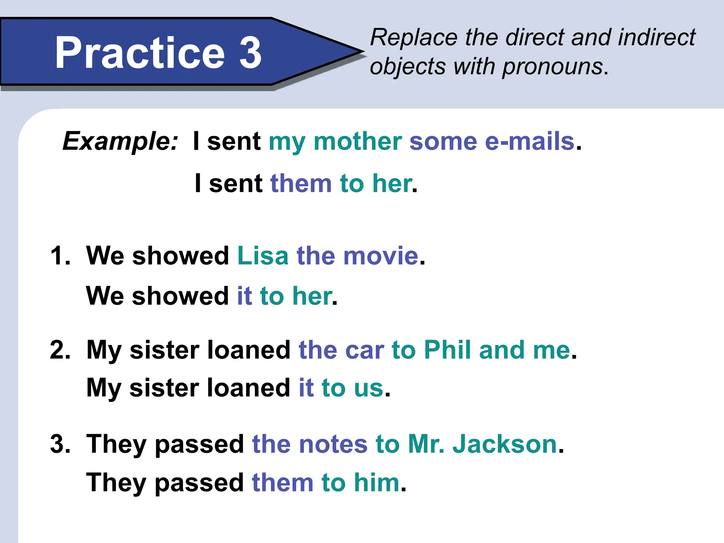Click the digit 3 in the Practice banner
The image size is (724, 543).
(x=250, y=53)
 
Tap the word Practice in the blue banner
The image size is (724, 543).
(x=140, y=53)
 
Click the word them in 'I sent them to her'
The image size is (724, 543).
(x=301, y=183)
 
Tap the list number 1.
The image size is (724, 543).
(x=60, y=256)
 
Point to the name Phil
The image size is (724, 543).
(x=447, y=350)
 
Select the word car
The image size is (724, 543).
(x=364, y=351)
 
